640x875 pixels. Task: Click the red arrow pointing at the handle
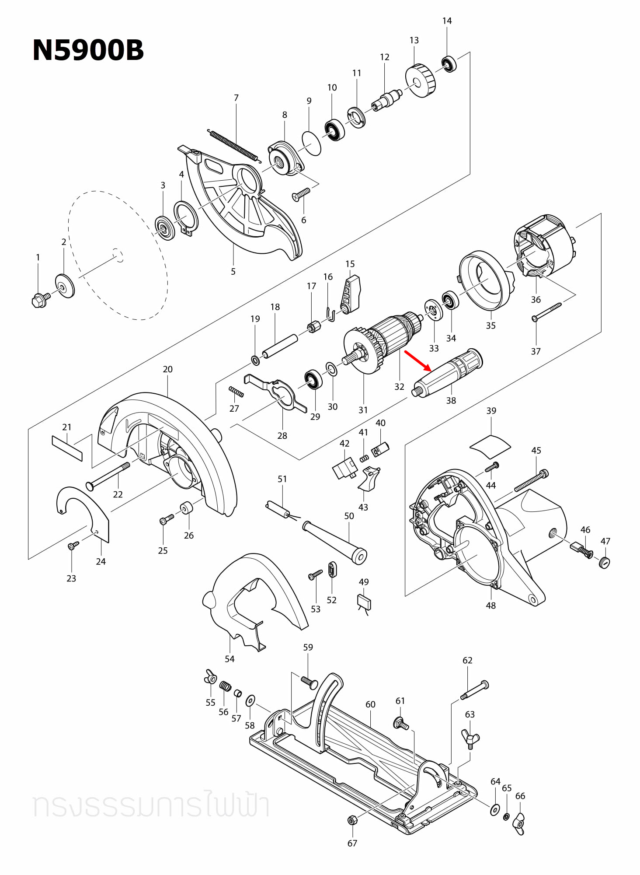[x=418, y=361]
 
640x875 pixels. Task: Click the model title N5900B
[x=88, y=50]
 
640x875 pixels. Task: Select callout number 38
[x=451, y=400]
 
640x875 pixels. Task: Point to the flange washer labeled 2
[x=65, y=286]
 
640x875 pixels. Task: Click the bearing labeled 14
[x=449, y=64]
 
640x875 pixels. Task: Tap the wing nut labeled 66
[x=519, y=824]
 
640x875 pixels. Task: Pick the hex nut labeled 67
[x=351, y=820]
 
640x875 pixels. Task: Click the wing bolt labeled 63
[x=470, y=739]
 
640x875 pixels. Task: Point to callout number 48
[x=490, y=605]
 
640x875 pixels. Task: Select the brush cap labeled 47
[x=605, y=562]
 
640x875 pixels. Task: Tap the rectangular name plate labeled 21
[x=67, y=448]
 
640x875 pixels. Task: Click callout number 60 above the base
[x=370, y=704]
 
